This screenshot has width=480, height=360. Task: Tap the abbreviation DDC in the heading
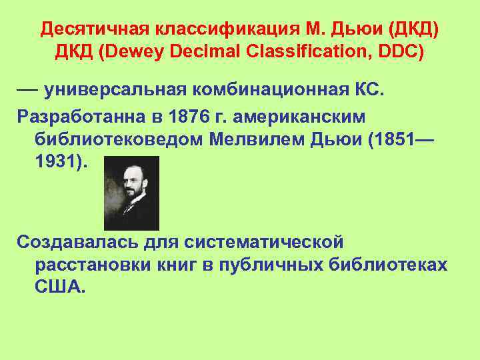point(400,51)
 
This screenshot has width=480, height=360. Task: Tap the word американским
point(308,117)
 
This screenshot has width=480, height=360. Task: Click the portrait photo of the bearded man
point(131,193)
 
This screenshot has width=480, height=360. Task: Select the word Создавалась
point(77,239)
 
